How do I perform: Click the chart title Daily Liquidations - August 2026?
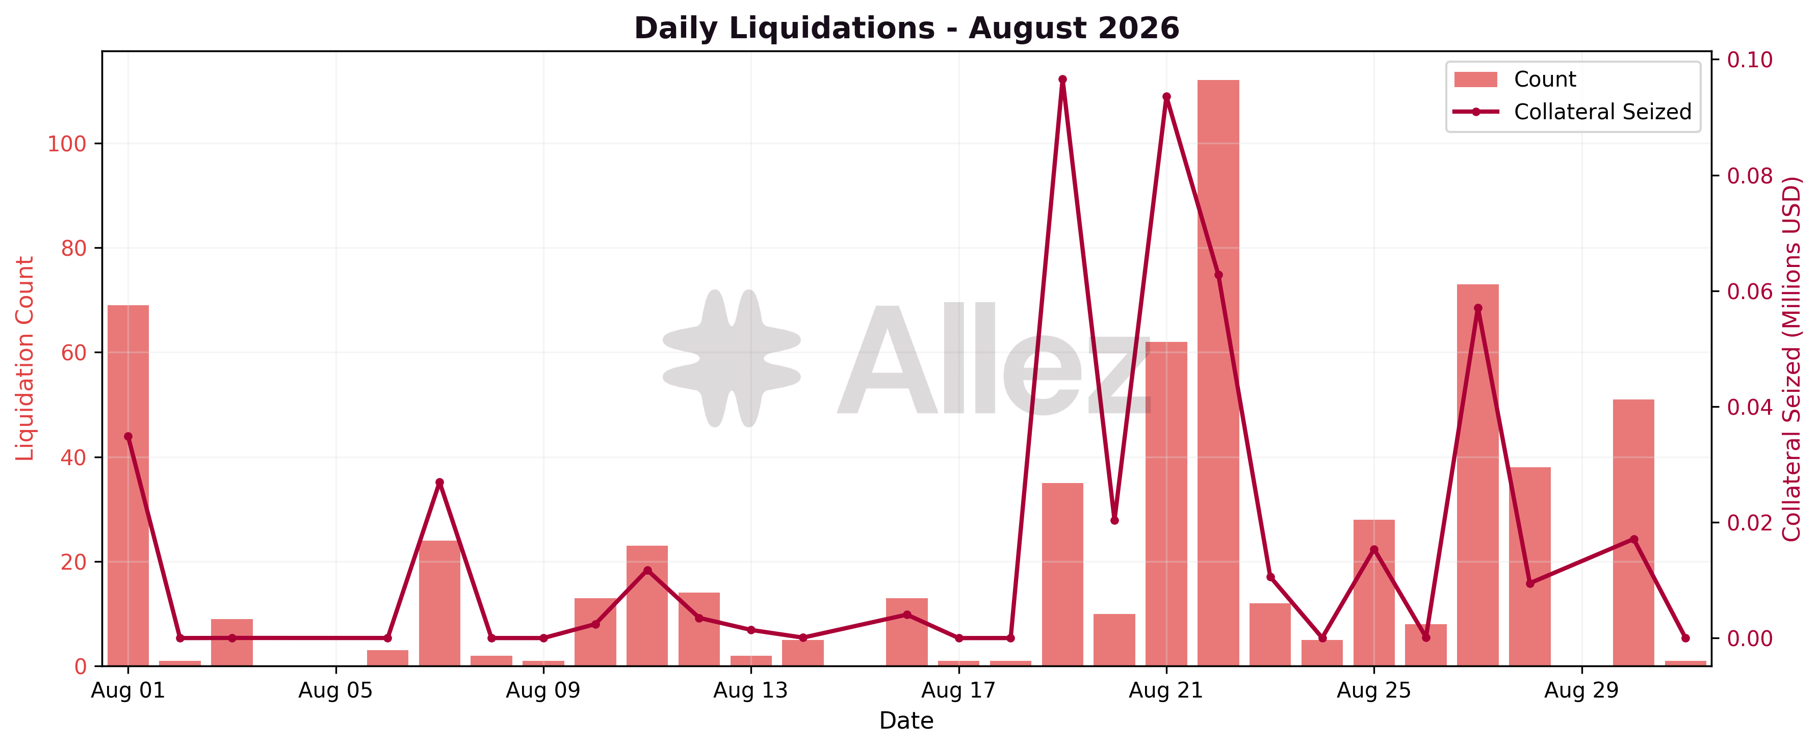[x=906, y=28]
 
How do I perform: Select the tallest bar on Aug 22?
[x=1218, y=373]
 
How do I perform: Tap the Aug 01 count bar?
[x=128, y=486]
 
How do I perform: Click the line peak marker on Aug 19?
[x=1062, y=80]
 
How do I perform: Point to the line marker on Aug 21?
[x=1166, y=97]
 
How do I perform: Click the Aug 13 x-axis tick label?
[x=750, y=690]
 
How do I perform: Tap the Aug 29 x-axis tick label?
[x=1581, y=690]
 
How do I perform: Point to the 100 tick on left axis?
[x=66, y=144]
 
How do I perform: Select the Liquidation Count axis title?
[x=25, y=359]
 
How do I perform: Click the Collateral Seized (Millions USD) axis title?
[x=1792, y=359]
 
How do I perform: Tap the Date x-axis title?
[x=906, y=721]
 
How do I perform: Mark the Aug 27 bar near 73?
[x=1477, y=475]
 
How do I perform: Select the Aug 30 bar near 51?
[x=1633, y=533]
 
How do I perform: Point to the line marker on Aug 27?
[x=1478, y=308]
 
